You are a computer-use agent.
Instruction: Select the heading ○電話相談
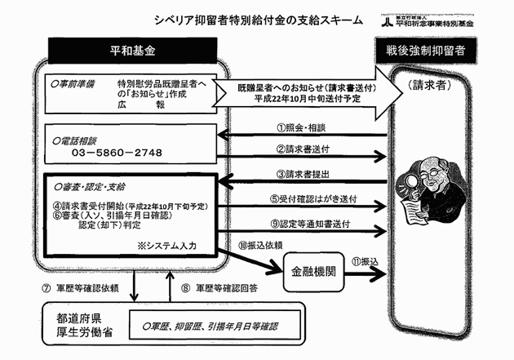[x=78, y=139]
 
